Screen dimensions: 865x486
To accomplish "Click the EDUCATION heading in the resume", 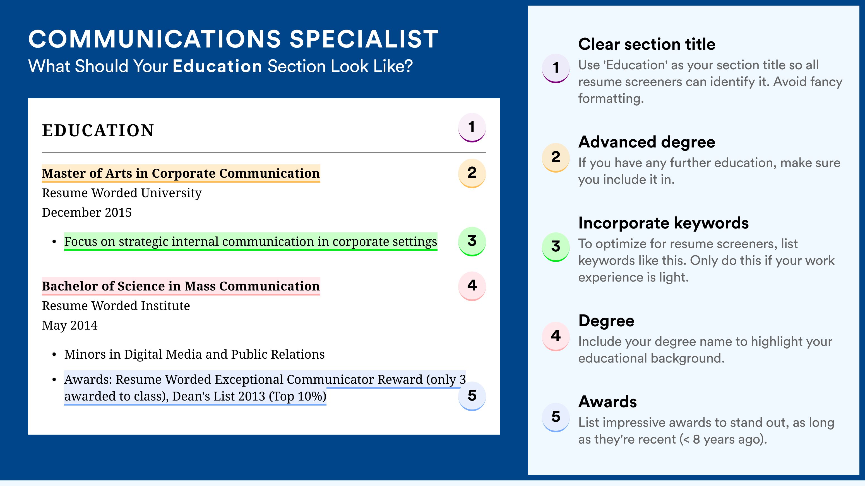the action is tap(98, 130).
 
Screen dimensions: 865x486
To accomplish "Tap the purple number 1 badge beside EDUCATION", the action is tap(472, 127).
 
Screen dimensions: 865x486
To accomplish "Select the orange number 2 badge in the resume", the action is tap(472, 173).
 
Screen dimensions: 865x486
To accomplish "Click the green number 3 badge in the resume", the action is tap(472, 241).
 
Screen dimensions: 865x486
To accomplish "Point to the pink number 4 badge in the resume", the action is tap(472, 286).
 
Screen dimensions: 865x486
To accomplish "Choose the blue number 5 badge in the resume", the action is tap(472, 396).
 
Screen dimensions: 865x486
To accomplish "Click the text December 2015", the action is tap(86, 212).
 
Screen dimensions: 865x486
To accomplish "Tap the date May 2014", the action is tap(69, 325).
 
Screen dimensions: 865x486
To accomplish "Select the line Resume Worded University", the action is tap(122, 193).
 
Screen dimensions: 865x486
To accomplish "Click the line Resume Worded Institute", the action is tap(116, 306).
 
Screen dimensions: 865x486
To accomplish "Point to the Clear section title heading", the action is tap(647, 44).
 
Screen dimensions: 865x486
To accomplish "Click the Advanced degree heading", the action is tap(647, 142).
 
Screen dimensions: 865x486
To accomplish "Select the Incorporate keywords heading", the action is tap(664, 223).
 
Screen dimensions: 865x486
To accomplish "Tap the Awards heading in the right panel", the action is tap(607, 402).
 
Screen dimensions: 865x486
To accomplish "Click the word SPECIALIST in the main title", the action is tap(364, 39).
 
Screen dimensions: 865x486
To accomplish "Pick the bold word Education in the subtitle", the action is tap(217, 66).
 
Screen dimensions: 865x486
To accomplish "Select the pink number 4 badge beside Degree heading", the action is tap(556, 336).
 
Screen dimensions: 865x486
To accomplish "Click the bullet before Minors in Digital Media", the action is tap(54, 355).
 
